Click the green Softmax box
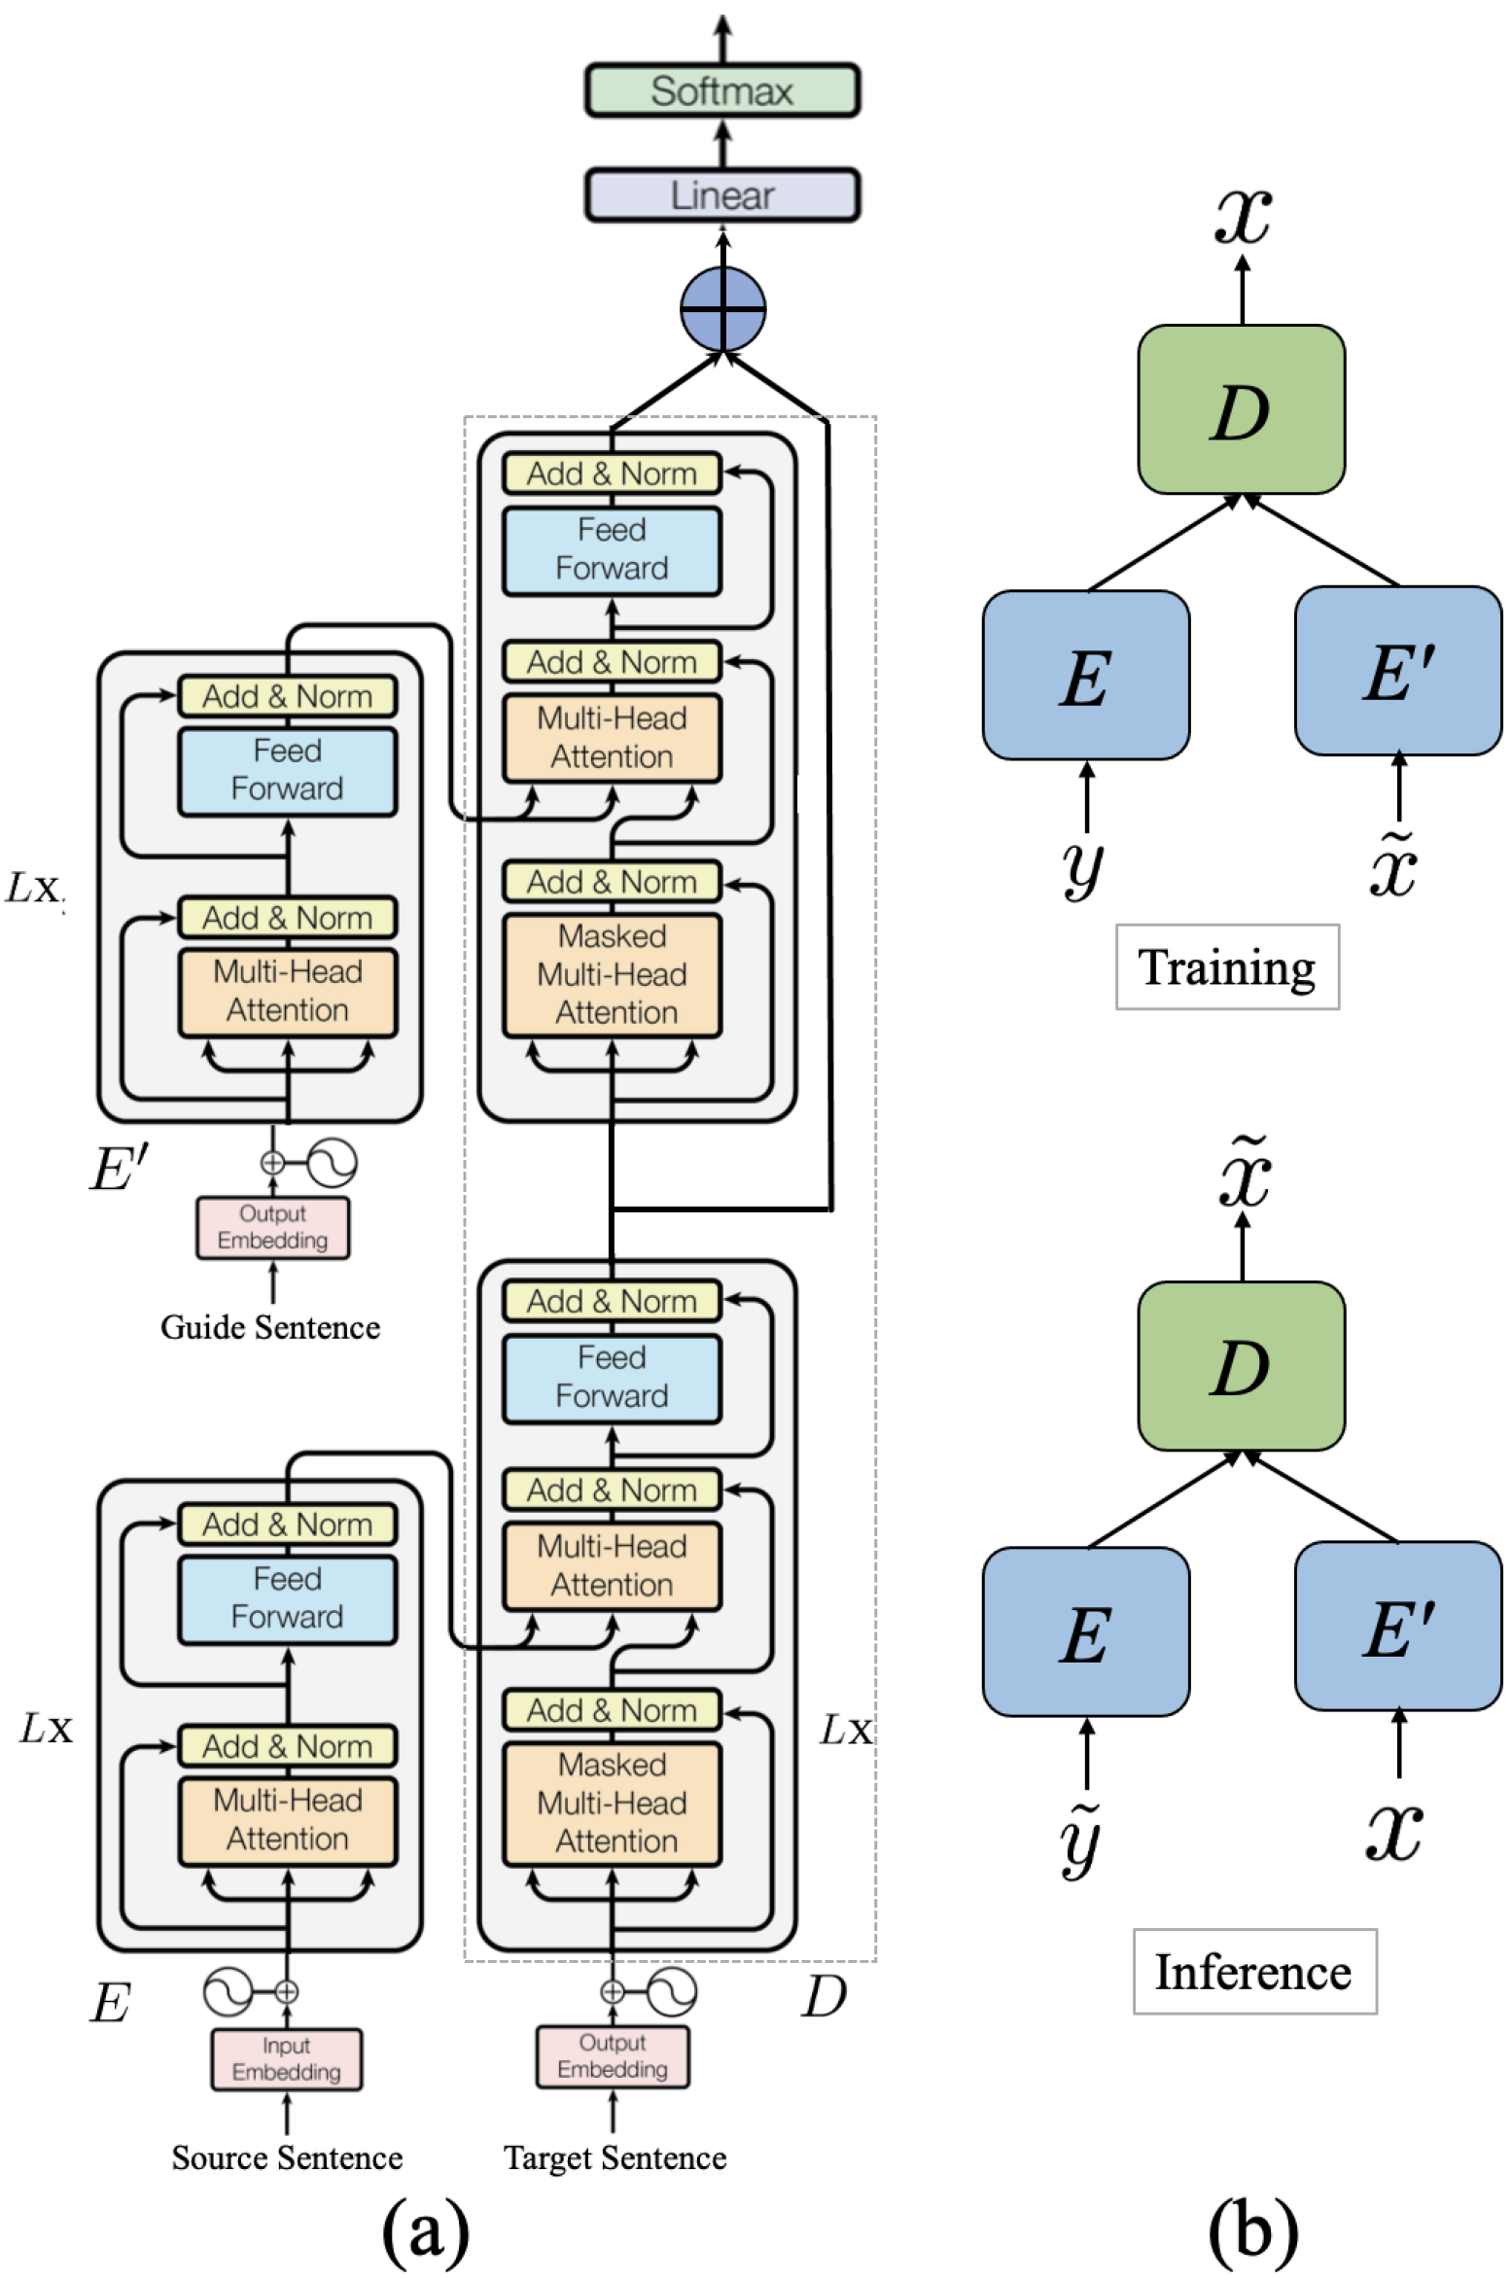(721, 90)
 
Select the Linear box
(721, 195)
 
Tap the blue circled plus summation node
(722, 309)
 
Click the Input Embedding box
(287, 2058)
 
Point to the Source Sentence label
(287, 2157)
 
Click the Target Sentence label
(615, 2157)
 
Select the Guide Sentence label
(270, 1326)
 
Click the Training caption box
(1227, 966)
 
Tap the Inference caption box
(1254, 1971)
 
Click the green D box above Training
(1242, 409)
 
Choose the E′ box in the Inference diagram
(1398, 1626)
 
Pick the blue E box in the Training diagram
(1086, 675)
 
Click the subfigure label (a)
(426, 2229)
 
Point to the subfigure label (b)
(1253, 2227)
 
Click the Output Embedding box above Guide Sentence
(273, 1227)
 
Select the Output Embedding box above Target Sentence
(613, 2055)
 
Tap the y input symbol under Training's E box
(1082, 867)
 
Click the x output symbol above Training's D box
(1243, 216)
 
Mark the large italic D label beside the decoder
(825, 1997)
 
